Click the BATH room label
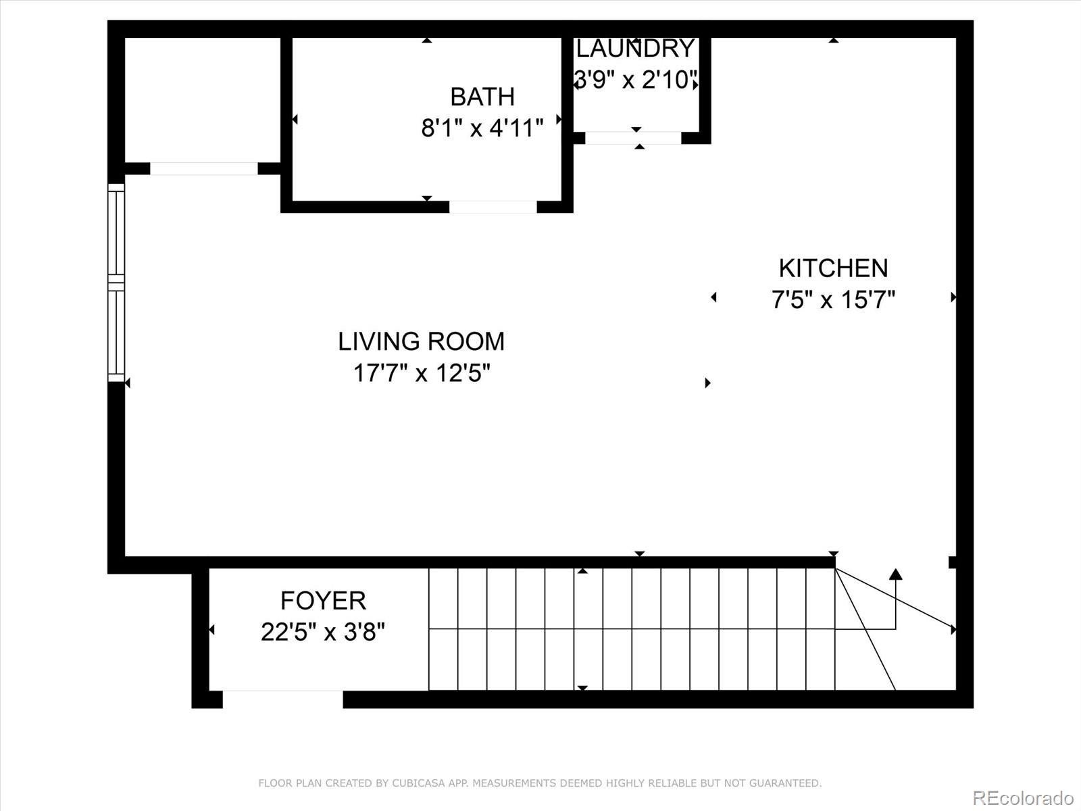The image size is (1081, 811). [x=482, y=97]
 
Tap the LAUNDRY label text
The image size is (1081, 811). [x=635, y=49]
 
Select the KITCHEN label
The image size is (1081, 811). [x=833, y=268]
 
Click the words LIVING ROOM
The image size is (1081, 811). [x=421, y=341]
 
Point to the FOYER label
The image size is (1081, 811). [x=323, y=600]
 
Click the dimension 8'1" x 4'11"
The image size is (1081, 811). [x=482, y=128]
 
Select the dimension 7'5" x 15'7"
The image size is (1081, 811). [x=833, y=299]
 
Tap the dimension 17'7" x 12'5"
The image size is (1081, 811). [x=421, y=372]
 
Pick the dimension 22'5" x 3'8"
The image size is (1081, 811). [x=323, y=633]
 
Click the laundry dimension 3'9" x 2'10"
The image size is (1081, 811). [x=635, y=80]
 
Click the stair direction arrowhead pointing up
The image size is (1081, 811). [x=895, y=574]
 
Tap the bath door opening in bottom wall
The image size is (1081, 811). [x=493, y=207]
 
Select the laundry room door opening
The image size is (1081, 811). [x=633, y=138]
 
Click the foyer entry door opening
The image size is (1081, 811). [x=282, y=699]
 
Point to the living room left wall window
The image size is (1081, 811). [x=116, y=282]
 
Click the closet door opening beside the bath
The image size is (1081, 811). [x=203, y=168]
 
